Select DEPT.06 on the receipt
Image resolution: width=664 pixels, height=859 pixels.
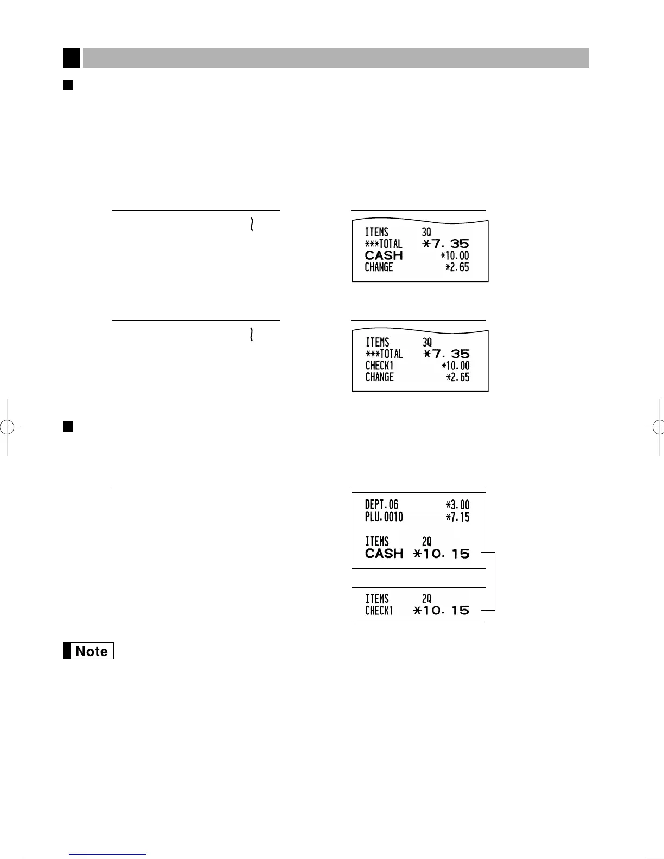coord(381,505)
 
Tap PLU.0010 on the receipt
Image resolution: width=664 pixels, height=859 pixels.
coord(384,517)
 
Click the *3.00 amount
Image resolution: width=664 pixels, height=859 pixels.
coord(457,505)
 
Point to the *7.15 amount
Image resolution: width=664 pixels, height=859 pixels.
coord(457,517)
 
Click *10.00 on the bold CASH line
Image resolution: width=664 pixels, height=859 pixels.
coord(455,255)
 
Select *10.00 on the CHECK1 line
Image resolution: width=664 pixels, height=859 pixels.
coord(455,366)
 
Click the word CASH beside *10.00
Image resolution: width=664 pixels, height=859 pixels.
coord(384,255)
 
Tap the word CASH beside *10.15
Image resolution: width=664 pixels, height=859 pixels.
coord(384,554)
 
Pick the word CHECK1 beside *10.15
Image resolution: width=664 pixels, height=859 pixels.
coord(379,611)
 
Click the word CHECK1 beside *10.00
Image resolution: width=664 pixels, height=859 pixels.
coord(379,366)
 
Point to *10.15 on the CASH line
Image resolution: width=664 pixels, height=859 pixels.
coord(441,554)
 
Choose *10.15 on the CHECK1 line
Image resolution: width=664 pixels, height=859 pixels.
coord(441,611)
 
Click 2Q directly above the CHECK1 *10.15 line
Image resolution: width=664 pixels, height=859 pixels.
coord(427,599)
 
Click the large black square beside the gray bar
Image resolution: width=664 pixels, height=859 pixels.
coord(71,57)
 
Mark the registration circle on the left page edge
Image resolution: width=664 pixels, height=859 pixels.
coord(7,427)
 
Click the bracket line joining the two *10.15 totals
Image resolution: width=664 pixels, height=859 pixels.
coord(495,582)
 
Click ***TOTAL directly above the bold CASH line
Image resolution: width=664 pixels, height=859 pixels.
coord(384,244)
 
